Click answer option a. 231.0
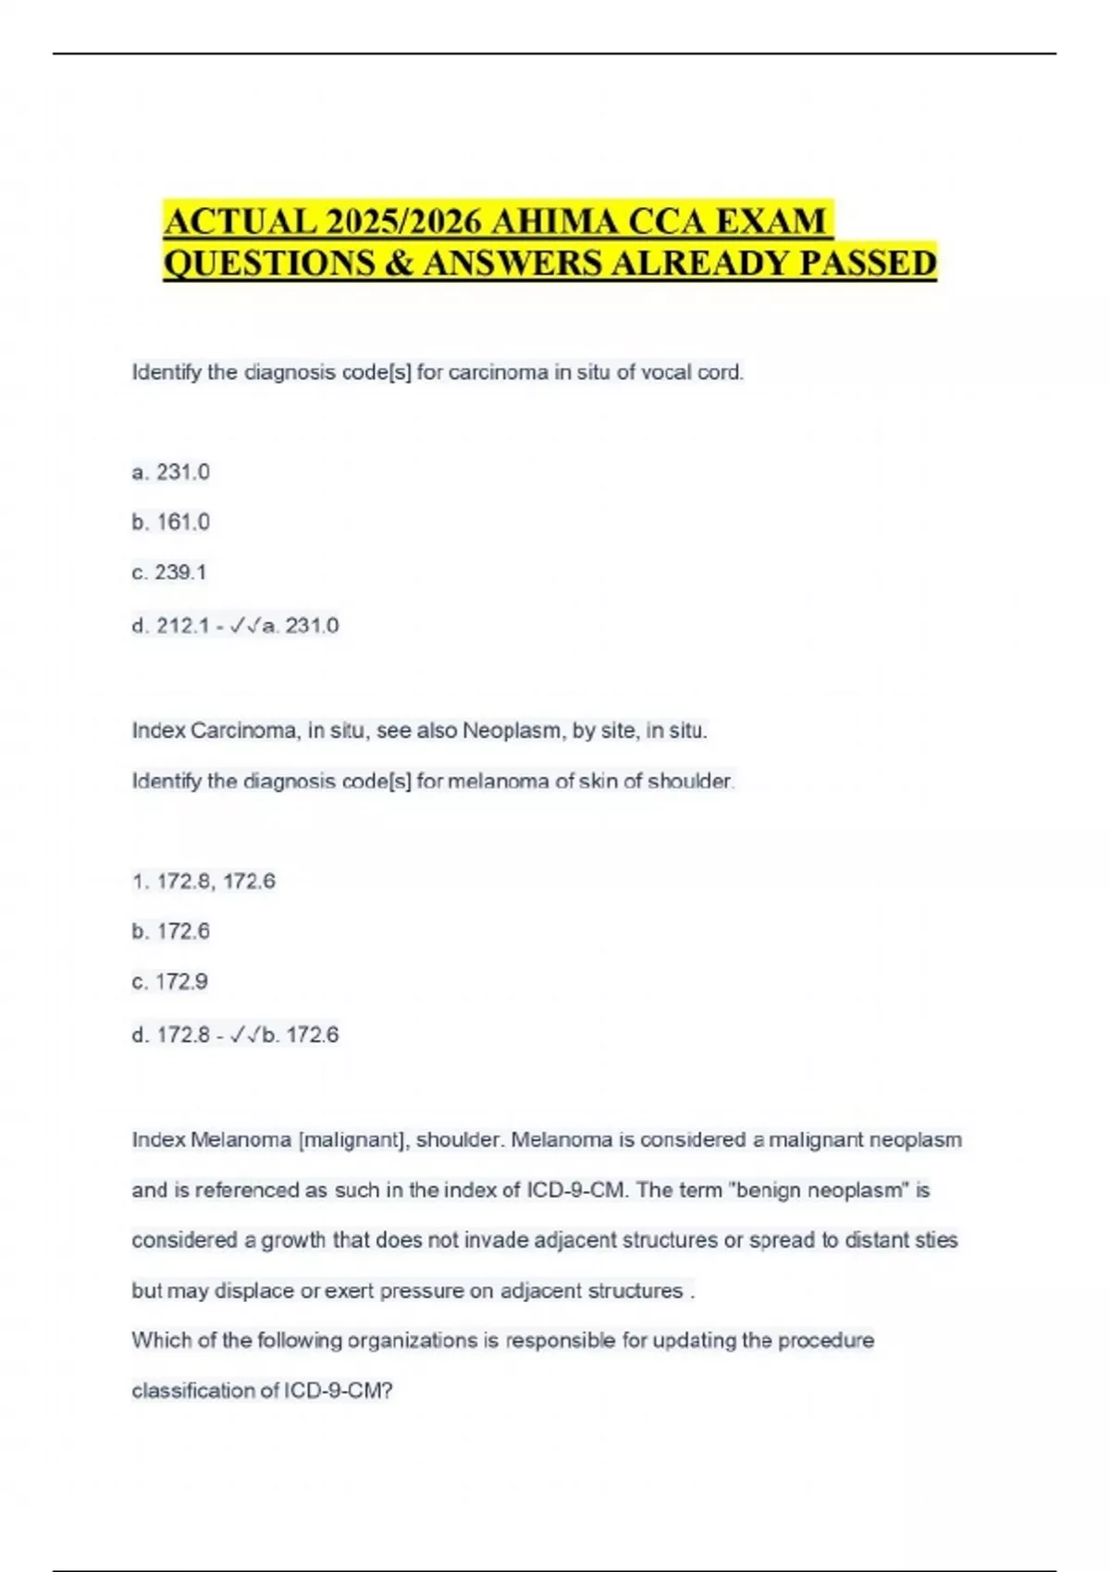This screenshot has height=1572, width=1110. (171, 473)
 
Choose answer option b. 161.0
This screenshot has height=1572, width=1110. (171, 522)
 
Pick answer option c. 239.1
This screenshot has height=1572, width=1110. (169, 572)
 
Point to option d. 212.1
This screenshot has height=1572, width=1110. (171, 626)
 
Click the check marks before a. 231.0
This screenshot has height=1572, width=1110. (244, 626)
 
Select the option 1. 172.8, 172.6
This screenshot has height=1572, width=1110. (203, 881)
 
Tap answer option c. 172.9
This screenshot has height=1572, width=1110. (170, 981)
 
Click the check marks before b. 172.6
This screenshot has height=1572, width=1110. (244, 1035)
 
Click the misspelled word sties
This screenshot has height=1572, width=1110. (936, 1240)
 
